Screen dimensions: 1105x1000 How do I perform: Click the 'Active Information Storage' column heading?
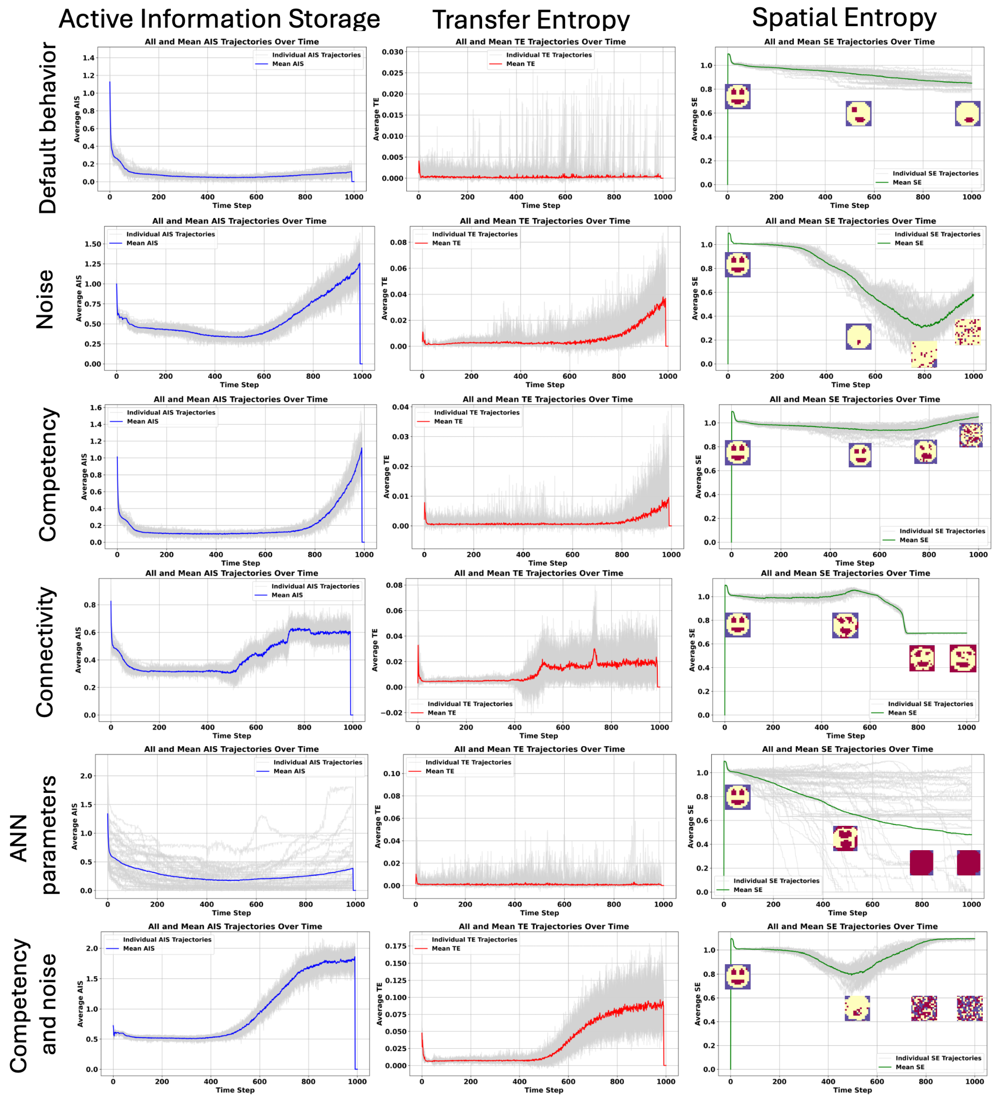219,19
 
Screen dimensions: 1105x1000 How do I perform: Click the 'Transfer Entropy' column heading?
530,20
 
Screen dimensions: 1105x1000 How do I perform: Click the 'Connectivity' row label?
46,652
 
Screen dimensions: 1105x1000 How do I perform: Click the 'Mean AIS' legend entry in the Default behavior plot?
288,64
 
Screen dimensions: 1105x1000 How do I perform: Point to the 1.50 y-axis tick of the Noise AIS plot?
93,244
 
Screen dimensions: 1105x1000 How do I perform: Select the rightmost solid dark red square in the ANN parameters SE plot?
968,863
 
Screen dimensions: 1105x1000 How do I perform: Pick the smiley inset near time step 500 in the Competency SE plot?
860,455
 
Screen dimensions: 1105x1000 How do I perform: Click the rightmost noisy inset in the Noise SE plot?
967,332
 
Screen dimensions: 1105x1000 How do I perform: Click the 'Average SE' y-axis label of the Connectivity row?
691,650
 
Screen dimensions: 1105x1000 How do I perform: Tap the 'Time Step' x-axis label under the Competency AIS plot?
240,563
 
